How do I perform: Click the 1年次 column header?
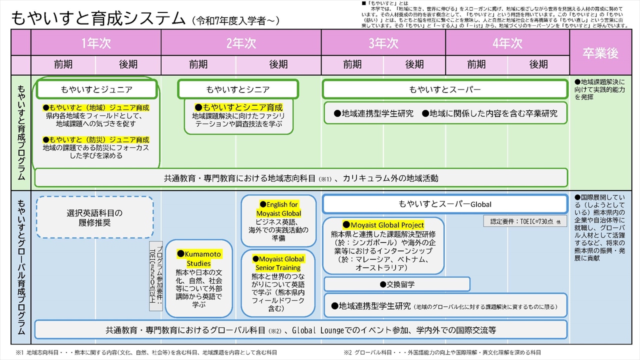96,43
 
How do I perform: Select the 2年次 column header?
241,43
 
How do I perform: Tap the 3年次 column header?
383,43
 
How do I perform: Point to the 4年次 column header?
507,43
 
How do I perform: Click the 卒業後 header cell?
600,52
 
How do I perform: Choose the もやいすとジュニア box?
97,89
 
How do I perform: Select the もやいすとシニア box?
238,89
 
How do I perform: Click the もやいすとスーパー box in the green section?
445,89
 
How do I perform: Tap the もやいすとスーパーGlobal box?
445,204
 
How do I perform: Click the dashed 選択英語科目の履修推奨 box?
95,217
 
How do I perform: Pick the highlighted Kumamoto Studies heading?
198,258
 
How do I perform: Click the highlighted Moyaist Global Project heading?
383,225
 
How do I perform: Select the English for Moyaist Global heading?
278,209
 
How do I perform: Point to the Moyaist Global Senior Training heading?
278,263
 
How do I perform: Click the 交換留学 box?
397,284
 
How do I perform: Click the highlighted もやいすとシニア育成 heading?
238,107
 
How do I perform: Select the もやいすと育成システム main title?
98,18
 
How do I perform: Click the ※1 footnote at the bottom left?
146,352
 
